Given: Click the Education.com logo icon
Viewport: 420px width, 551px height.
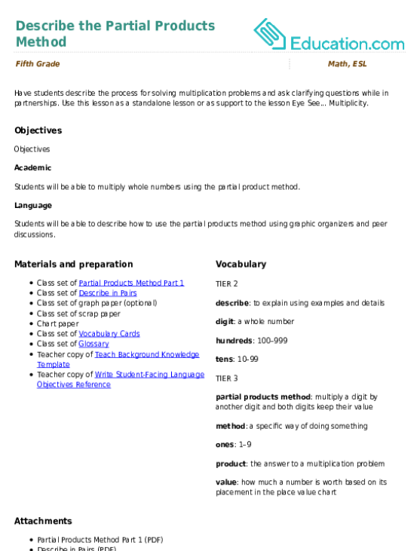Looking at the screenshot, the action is coord(270,34).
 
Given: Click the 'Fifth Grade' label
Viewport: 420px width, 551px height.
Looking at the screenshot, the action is coord(38,64).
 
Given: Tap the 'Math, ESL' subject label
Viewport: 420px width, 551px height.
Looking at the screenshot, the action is coord(348,64).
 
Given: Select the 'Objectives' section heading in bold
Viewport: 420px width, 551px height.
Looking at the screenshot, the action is coord(38,130).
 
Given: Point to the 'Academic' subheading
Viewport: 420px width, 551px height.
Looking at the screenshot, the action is coord(32,167).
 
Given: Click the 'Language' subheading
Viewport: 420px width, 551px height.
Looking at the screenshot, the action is coord(33,206).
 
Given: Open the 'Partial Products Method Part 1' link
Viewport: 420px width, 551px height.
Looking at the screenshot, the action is coord(131,283).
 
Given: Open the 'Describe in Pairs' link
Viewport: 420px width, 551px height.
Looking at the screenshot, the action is coord(108,292).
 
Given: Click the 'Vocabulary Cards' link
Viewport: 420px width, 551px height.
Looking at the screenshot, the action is coord(109,333).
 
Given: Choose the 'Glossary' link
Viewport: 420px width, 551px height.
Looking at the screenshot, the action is coord(94,344).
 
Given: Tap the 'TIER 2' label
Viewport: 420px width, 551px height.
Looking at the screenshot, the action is coord(227,284).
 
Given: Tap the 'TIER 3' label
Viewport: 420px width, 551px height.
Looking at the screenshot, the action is coord(227,378).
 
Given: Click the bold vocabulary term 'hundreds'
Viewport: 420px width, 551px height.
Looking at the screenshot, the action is coord(234,341).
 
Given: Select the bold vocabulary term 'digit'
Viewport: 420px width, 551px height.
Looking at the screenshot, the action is coord(225,322).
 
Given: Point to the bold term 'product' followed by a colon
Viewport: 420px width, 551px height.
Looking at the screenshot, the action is coord(231,464).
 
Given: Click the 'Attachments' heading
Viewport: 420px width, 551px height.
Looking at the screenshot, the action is coord(43,521).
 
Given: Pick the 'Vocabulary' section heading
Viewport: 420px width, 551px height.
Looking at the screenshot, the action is coord(241,265).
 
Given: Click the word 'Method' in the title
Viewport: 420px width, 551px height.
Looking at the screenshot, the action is coord(41,41).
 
